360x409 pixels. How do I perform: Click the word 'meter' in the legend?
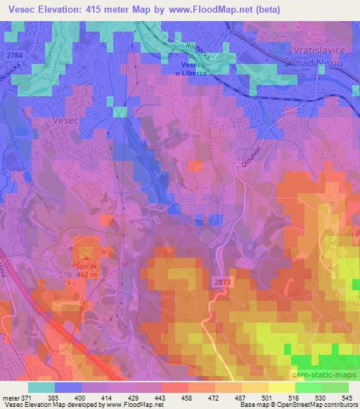pyautogui.click(x=11, y=398)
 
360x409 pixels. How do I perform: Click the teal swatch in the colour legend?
pyautogui.click(x=41, y=387)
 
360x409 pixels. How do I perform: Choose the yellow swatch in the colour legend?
pyautogui.click(x=282, y=387)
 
